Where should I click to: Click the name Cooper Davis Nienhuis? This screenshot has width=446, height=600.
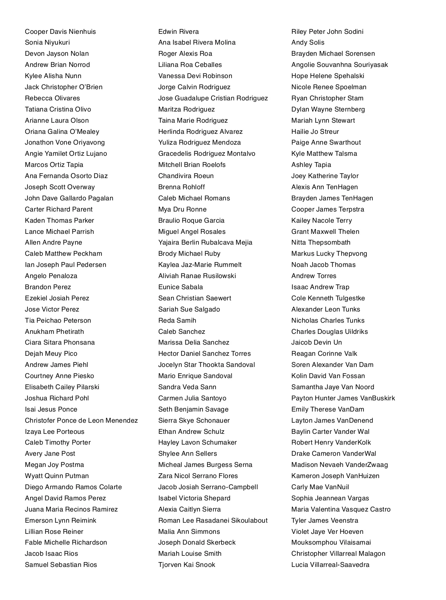pos(60,32)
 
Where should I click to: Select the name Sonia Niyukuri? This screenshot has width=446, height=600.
pos(47,42)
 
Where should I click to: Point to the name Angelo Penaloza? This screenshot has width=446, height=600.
pos(51,276)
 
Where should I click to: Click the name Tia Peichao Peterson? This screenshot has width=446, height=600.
pos(58,320)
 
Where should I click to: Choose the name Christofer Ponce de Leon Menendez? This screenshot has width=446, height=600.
pos(81,420)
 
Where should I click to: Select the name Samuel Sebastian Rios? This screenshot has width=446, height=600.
pos(61,565)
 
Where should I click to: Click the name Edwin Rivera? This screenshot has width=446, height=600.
pos(178,32)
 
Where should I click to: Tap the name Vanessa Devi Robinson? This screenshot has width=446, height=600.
pos(195,76)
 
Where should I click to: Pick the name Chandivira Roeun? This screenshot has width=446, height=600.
pos(186,176)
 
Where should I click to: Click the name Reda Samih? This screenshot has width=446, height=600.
pos(177,320)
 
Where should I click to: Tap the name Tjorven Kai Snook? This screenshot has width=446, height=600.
pos(187,565)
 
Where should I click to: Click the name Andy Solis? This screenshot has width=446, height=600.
pos(308,42)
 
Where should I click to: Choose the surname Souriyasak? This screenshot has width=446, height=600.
pos(369,65)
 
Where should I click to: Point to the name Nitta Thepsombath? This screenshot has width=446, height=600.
pos(321,242)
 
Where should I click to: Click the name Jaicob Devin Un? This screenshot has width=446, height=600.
pos(316,342)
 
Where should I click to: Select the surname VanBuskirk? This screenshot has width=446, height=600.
pos(378,398)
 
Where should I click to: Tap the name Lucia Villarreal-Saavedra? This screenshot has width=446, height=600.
pos(330,565)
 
